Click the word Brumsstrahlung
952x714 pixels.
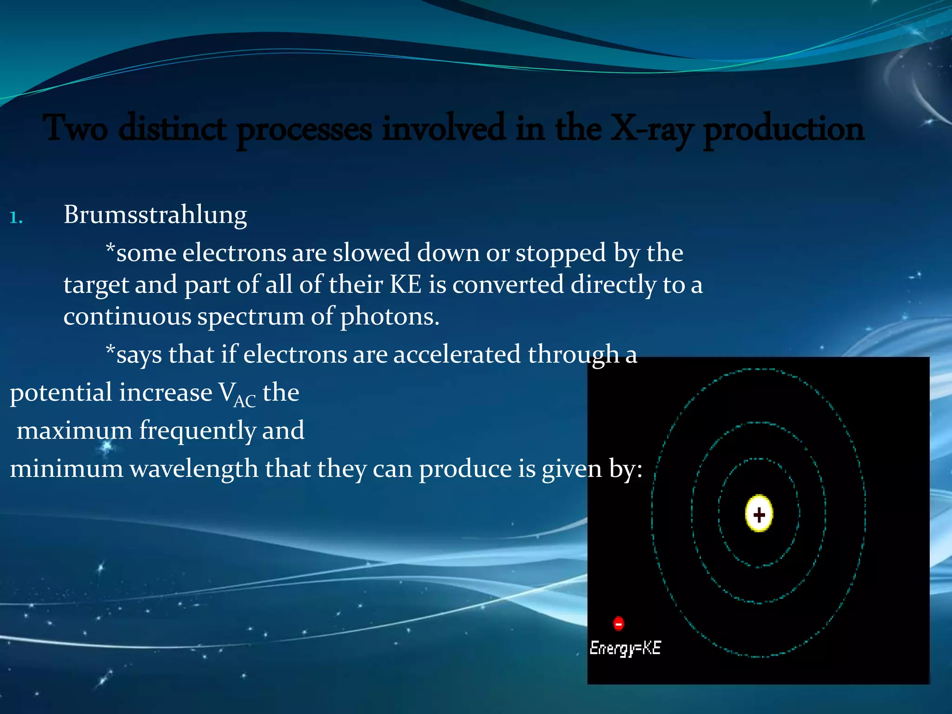point(155,215)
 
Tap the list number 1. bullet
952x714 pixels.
point(16,218)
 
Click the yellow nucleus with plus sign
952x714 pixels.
point(759,514)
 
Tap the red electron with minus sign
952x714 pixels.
point(618,623)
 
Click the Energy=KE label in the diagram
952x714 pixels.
point(625,648)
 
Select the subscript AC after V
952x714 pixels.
point(245,401)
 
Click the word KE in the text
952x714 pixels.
point(405,284)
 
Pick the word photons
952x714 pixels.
point(390,317)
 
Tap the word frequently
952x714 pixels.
point(197,430)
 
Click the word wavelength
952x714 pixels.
point(194,469)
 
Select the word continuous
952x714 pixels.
point(127,317)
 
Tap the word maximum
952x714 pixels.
point(74,430)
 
